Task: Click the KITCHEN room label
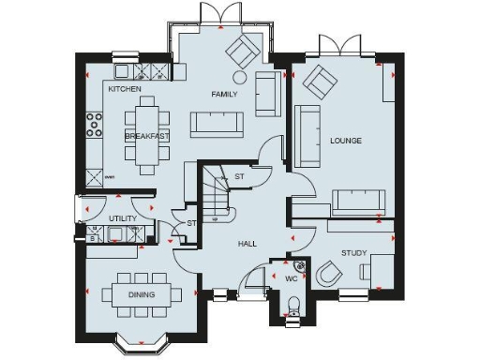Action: click(x=125, y=89)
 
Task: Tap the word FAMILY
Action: click(x=223, y=95)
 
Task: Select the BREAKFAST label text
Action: click(x=147, y=136)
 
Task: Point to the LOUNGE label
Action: click(x=345, y=141)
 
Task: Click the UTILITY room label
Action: click(x=123, y=218)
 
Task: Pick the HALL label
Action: click(x=247, y=244)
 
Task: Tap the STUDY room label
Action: click(x=352, y=252)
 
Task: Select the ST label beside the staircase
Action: click(x=239, y=176)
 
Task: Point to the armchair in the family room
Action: click(x=244, y=50)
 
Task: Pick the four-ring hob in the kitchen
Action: click(x=94, y=125)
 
